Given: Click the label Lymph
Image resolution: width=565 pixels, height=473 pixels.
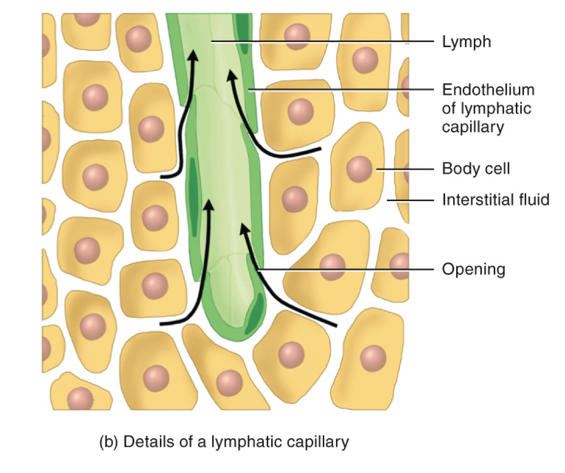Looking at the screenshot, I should pyautogui.click(x=466, y=42).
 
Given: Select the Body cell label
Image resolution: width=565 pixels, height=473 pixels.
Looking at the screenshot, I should pyautogui.click(x=476, y=169).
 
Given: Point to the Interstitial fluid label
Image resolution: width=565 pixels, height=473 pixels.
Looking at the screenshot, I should pyautogui.click(x=496, y=200).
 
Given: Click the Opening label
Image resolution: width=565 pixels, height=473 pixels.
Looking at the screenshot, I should pyautogui.click(x=473, y=270).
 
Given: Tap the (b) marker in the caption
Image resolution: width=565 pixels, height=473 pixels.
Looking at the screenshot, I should pyautogui.click(x=110, y=442).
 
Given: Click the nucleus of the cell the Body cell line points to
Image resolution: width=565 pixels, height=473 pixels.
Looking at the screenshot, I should pyautogui.click(x=359, y=169).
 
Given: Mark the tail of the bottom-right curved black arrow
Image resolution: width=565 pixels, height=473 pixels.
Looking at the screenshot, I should pyautogui.click(x=335, y=326).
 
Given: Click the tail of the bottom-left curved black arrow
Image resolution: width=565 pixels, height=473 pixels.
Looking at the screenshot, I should pyautogui.click(x=161, y=324).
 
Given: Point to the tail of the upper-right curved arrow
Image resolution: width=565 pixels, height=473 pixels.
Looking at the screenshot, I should pyautogui.click(x=319, y=149).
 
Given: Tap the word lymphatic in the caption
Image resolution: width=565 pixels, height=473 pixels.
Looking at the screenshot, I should pyautogui.click(x=256, y=443).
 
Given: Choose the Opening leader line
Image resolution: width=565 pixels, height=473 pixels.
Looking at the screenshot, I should pyautogui.click(x=346, y=270).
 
